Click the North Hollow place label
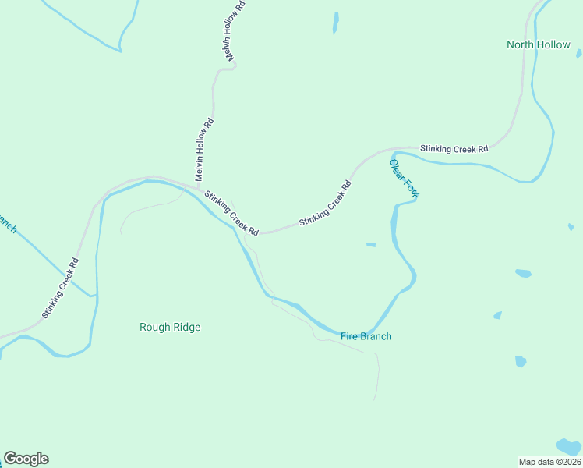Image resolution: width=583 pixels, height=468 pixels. tap(538, 44)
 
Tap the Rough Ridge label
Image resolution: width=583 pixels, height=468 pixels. tap(170, 327)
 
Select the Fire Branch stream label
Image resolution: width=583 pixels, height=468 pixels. tap(366, 336)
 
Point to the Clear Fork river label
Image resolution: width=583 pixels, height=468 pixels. tap(404, 179)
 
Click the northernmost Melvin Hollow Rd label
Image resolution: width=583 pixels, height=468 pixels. tap(233, 32)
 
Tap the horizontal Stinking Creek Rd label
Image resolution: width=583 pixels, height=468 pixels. tap(454, 148)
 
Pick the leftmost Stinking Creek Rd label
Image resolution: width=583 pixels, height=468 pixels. tap(61, 288)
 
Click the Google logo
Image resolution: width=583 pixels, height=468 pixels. tap(26, 459)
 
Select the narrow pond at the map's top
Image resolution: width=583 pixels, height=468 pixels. tap(336, 22)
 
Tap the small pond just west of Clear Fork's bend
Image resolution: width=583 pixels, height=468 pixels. tap(371, 245)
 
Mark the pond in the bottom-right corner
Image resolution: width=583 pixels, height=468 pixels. tap(571, 445)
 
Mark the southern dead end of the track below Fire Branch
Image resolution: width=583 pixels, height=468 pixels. tap(375, 400)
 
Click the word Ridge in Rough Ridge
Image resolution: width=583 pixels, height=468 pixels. tap(186, 327)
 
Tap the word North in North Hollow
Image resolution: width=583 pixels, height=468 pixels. tap(521, 44)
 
